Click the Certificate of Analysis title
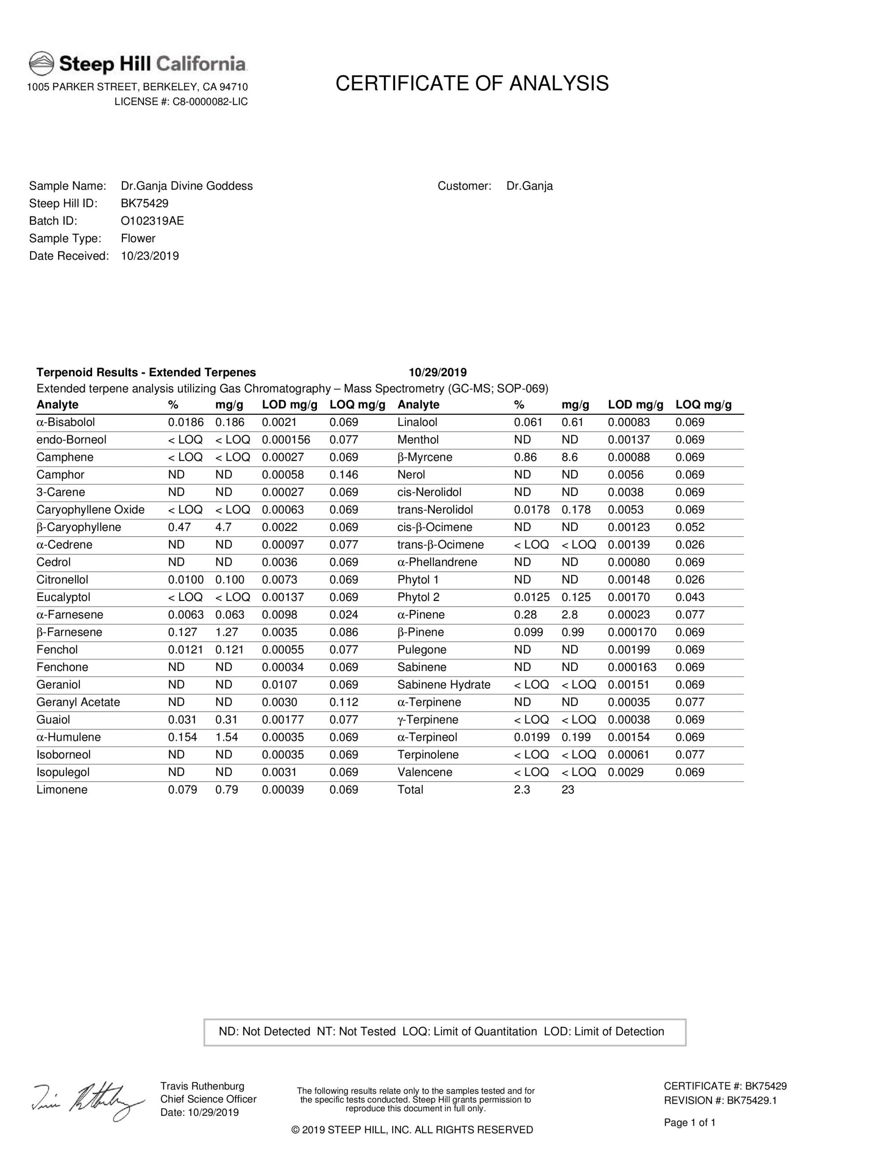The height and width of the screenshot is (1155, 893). (472, 83)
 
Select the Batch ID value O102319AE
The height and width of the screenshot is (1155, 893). (153, 221)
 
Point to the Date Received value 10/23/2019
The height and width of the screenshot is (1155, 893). (150, 256)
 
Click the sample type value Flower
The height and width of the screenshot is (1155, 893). (138, 239)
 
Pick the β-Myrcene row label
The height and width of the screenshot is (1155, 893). (424, 457)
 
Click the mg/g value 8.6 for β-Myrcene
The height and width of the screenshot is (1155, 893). (570, 457)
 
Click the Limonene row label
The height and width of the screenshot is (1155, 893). (62, 790)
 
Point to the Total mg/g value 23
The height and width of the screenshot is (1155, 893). (567, 790)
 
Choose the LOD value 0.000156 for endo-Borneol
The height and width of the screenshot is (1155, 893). (286, 440)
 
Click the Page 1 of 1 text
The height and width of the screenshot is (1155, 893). (690, 1123)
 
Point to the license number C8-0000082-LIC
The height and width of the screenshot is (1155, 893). (210, 102)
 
